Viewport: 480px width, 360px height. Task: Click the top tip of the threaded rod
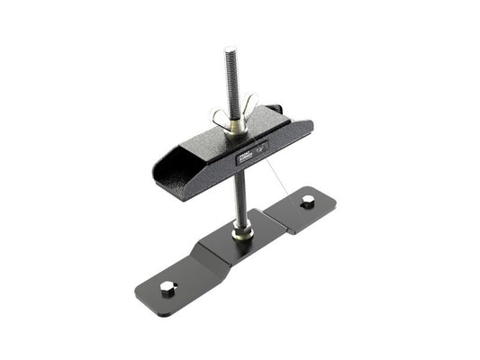coord(230,51)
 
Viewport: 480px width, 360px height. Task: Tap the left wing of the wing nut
coord(219,116)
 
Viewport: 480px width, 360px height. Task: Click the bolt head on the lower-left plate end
coord(166,287)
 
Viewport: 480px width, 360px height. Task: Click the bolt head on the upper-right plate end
coord(307,202)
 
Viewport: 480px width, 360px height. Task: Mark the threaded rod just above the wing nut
coord(231,90)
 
